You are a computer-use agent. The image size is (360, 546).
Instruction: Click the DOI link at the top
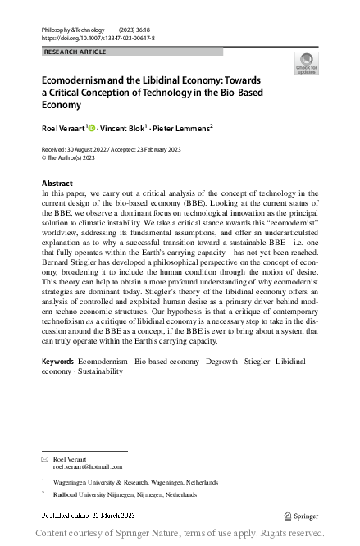pyautogui.click(x=98, y=37)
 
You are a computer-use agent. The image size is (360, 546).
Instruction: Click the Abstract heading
pyautogui.click(x=57, y=183)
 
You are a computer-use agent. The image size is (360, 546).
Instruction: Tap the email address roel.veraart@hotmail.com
pyautogui.click(x=88, y=466)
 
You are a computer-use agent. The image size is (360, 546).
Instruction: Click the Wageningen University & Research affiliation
pyautogui.click(x=120, y=484)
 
